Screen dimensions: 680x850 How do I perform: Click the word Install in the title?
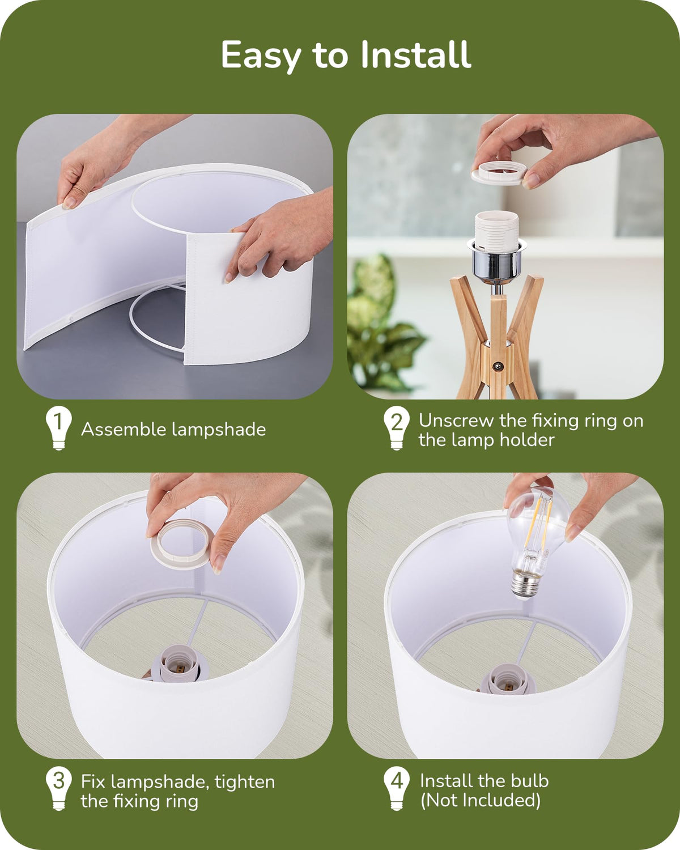pyautogui.click(x=416, y=54)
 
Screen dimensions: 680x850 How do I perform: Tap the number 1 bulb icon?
pyautogui.click(x=58, y=428)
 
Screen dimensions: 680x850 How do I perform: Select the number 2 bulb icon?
pyautogui.click(x=397, y=428)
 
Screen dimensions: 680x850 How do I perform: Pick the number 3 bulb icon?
pyautogui.click(x=58, y=788)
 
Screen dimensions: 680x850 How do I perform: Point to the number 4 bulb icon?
pyautogui.click(x=397, y=788)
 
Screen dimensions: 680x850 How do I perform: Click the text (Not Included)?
pyautogui.click(x=480, y=800)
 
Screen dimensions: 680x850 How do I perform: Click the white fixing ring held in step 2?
pyautogui.click(x=499, y=173)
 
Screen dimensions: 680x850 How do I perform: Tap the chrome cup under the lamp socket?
pyautogui.click(x=496, y=260)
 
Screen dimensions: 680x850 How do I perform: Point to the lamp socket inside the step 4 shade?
pyautogui.click(x=508, y=679)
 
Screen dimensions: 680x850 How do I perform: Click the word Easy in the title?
pyautogui.click(x=261, y=56)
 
